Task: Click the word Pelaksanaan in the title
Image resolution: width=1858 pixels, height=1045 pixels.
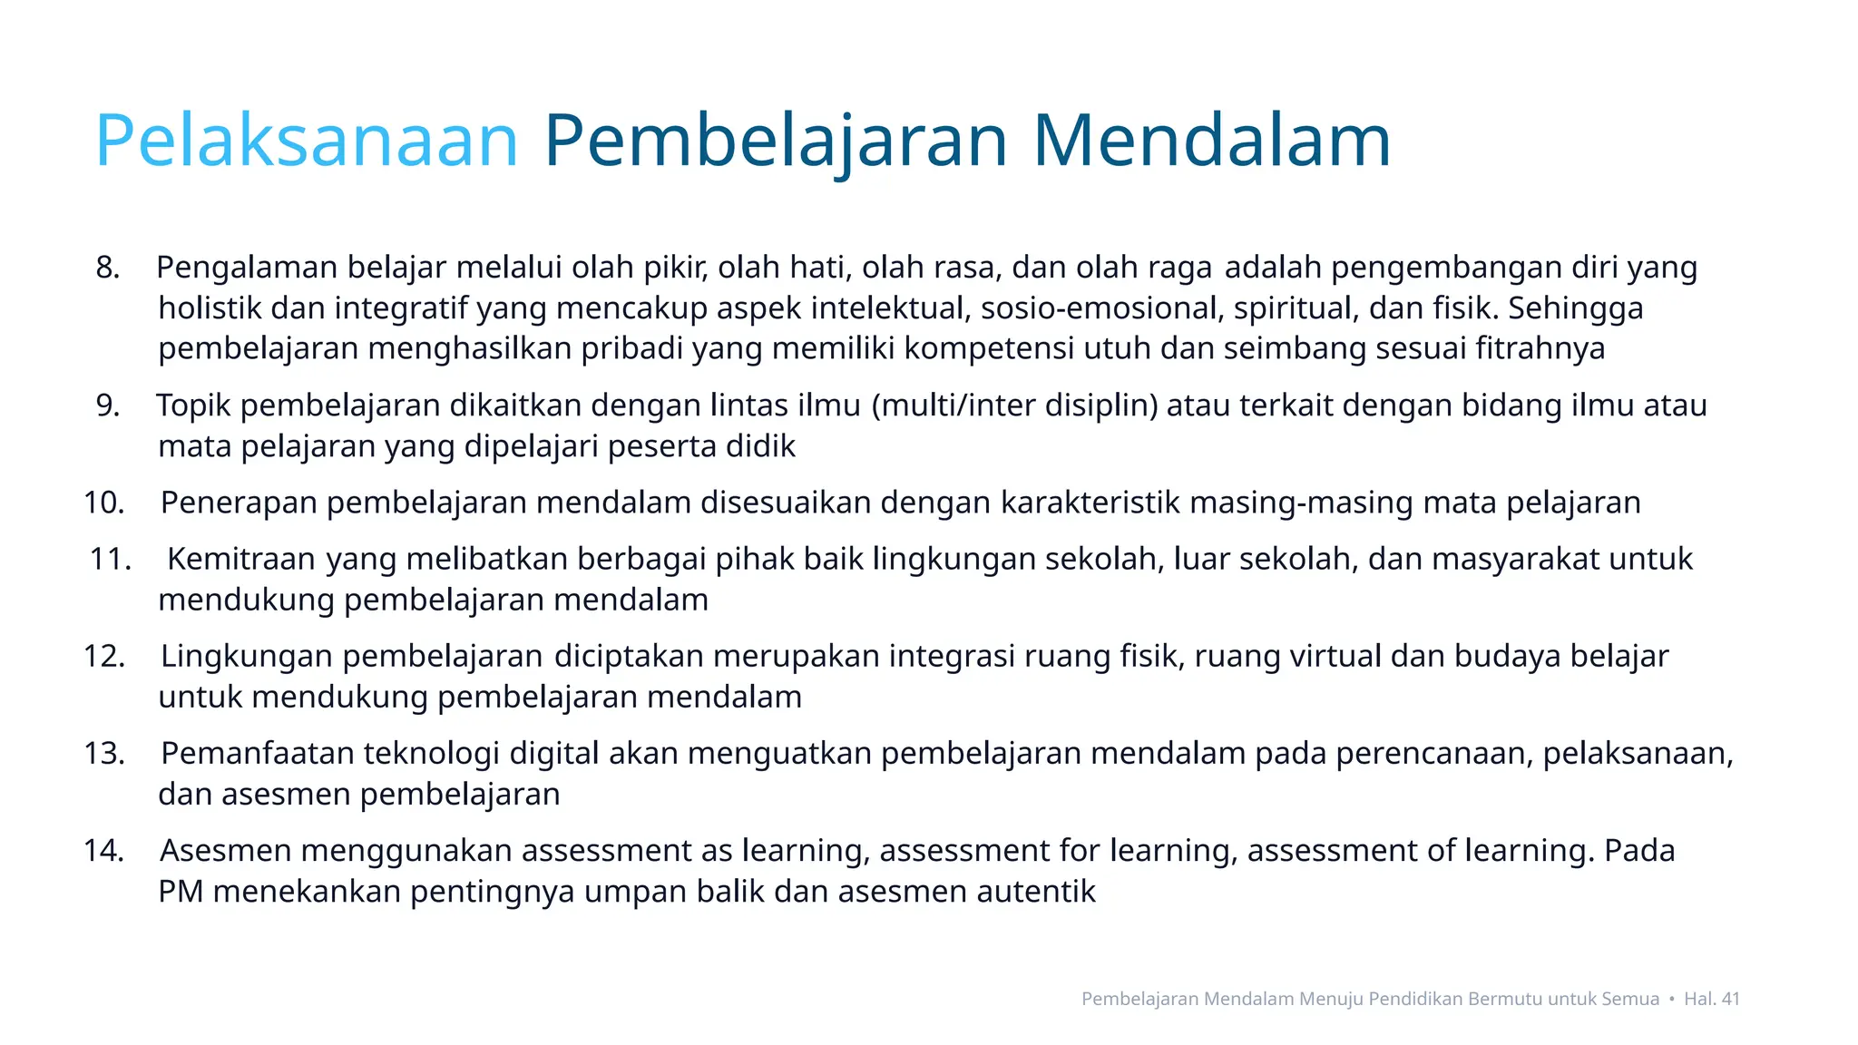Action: pyautogui.click(x=307, y=141)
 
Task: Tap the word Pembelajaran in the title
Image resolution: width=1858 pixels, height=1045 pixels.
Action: pyautogui.click(x=776, y=141)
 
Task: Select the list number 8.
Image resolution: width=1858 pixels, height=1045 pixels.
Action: pyautogui.click(x=107, y=268)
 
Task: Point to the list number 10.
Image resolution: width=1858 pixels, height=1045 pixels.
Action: pyautogui.click(x=103, y=503)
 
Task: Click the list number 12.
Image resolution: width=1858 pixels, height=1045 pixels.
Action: pyautogui.click(x=103, y=656)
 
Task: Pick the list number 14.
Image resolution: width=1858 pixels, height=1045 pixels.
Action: pyautogui.click(x=103, y=851)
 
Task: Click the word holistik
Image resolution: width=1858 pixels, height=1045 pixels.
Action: pyautogui.click(x=210, y=308)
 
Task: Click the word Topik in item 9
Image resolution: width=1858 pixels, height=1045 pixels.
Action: pyautogui.click(x=193, y=405)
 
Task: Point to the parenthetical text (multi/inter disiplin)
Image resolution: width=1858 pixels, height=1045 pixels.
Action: pyautogui.click(x=1014, y=405)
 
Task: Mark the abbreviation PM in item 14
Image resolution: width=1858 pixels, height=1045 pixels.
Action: pyautogui.click(x=181, y=892)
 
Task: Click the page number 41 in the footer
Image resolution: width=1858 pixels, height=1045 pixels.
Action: pyautogui.click(x=1730, y=999)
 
